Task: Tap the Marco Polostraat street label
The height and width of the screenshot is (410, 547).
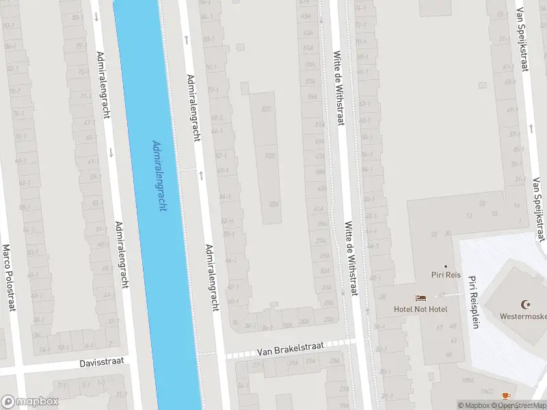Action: (9, 277)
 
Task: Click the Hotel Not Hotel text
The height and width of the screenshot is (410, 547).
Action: (421, 309)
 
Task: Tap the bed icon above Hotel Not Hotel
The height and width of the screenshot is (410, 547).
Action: (421, 298)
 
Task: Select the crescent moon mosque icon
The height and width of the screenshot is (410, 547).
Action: (526, 304)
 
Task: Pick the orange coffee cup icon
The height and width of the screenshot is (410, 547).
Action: (506, 395)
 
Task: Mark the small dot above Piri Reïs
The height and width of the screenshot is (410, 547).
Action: (445, 266)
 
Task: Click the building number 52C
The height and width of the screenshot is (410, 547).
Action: (266, 109)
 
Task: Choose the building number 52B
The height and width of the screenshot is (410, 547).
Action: (270, 156)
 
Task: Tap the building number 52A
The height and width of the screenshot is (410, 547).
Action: (273, 204)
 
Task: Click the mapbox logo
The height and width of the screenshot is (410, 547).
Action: (30, 401)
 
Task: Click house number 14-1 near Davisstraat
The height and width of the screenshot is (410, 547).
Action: (44, 350)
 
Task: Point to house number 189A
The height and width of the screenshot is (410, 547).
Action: (467, 380)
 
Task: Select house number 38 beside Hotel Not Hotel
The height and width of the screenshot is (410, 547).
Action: (382, 297)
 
